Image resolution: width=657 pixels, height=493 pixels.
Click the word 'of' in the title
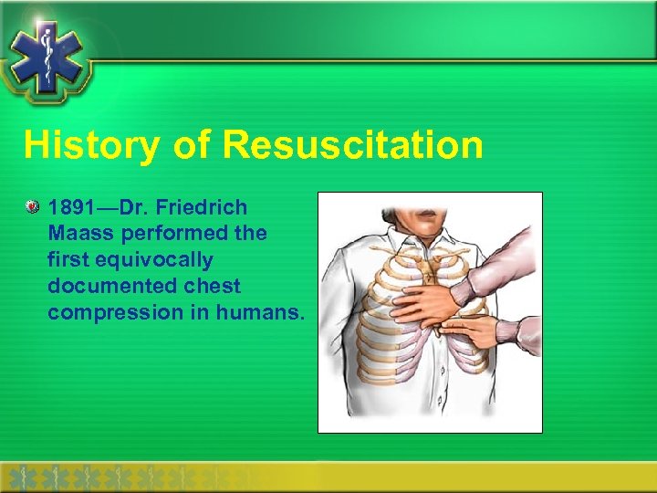(192, 145)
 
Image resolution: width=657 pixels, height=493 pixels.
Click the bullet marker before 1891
(33, 207)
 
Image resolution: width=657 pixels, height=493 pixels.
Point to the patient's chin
(421, 203)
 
